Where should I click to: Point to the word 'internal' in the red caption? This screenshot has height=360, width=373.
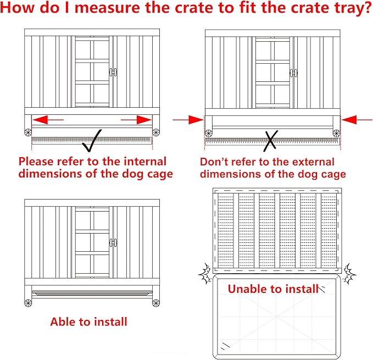(x=141, y=162)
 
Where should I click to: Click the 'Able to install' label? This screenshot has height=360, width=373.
(x=88, y=322)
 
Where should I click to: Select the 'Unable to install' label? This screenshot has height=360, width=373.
(x=272, y=288)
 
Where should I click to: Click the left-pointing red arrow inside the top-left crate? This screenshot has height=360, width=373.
(x=48, y=119)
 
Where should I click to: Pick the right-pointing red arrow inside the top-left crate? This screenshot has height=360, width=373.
(x=136, y=119)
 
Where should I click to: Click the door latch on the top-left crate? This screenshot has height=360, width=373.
(x=113, y=72)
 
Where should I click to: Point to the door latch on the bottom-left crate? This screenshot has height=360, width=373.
(x=113, y=242)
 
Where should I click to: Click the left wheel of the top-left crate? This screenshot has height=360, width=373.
(x=28, y=132)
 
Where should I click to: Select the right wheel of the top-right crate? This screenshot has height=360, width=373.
(x=336, y=132)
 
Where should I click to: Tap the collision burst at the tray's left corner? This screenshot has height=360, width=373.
(x=206, y=273)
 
